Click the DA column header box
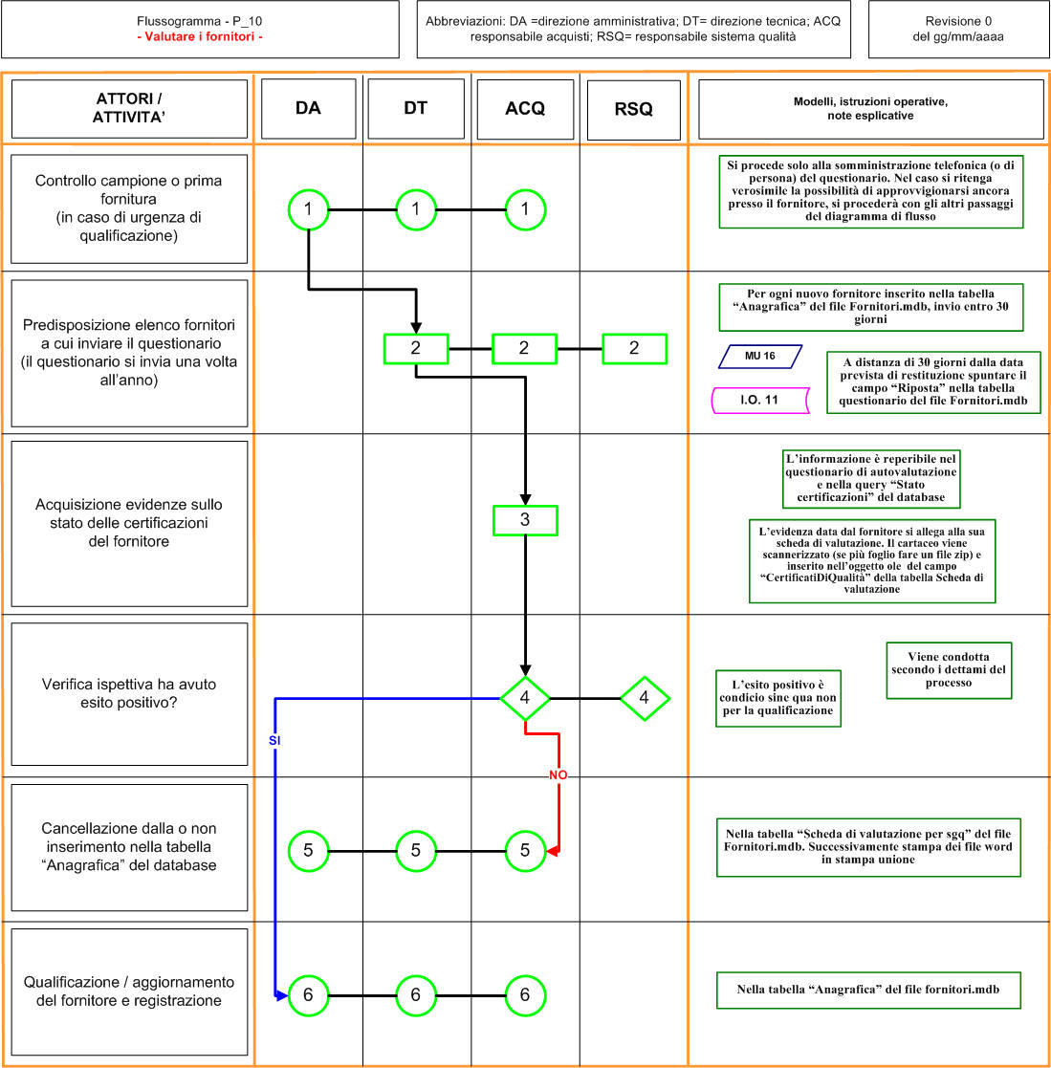tap(309, 108)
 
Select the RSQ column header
tap(633, 110)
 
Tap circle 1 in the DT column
tap(415, 209)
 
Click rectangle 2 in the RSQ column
tap(634, 349)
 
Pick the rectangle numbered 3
tap(525, 520)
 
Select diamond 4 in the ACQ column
tap(525, 698)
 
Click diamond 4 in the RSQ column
tap(645, 698)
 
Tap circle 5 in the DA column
tap(309, 851)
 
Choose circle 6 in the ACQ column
tap(525, 995)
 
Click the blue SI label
tap(274, 740)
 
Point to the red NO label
tap(558, 775)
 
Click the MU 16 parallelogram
tap(760, 357)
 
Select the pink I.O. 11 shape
tap(760, 401)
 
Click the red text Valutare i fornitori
tap(200, 36)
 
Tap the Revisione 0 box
tap(958, 30)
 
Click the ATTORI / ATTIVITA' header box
tap(129, 109)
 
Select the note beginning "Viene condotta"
tap(949, 670)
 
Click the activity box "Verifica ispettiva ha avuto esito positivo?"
tap(129, 694)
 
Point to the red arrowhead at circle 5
tap(553, 851)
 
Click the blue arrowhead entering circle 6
tap(281, 995)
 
